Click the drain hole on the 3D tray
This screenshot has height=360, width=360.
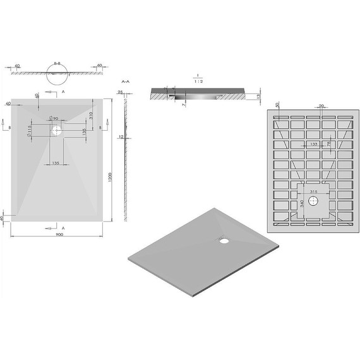222,239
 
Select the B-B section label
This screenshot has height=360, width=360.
57,63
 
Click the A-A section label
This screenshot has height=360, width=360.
125,83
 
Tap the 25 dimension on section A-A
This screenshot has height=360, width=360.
120,92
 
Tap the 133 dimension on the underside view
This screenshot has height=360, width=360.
313,145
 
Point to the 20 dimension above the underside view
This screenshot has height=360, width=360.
321,106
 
